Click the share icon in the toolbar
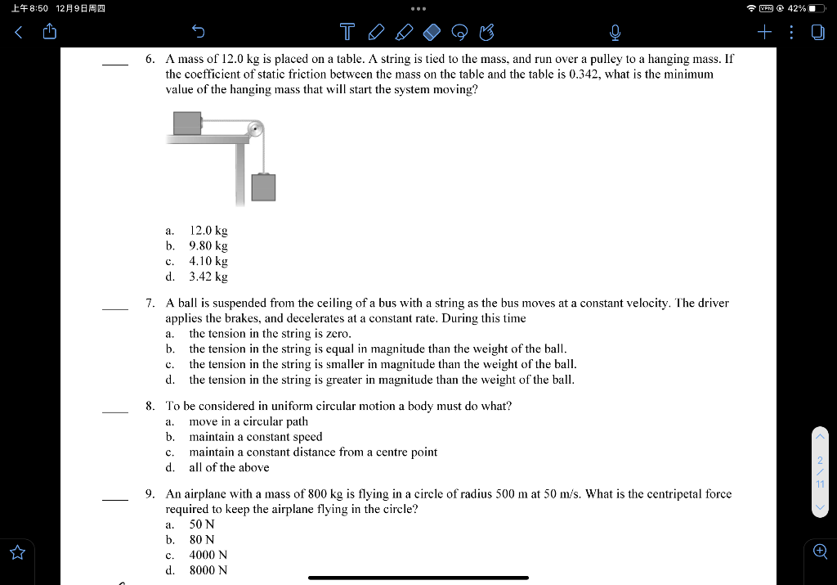click(49, 33)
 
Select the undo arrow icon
click(197, 33)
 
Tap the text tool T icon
click(347, 33)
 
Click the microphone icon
click(615, 33)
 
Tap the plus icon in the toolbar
click(764, 33)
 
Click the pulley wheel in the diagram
click(256, 128)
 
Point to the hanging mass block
click(263, 187)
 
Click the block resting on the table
click(187, 123)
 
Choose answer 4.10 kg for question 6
click(208, 261)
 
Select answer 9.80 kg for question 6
click(208, 245)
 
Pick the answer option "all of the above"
click(229, 467)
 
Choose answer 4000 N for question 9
click(208, 555)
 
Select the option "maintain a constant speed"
click(256, 436)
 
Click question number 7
click(150, 303)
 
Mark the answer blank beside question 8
click(114, 412)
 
